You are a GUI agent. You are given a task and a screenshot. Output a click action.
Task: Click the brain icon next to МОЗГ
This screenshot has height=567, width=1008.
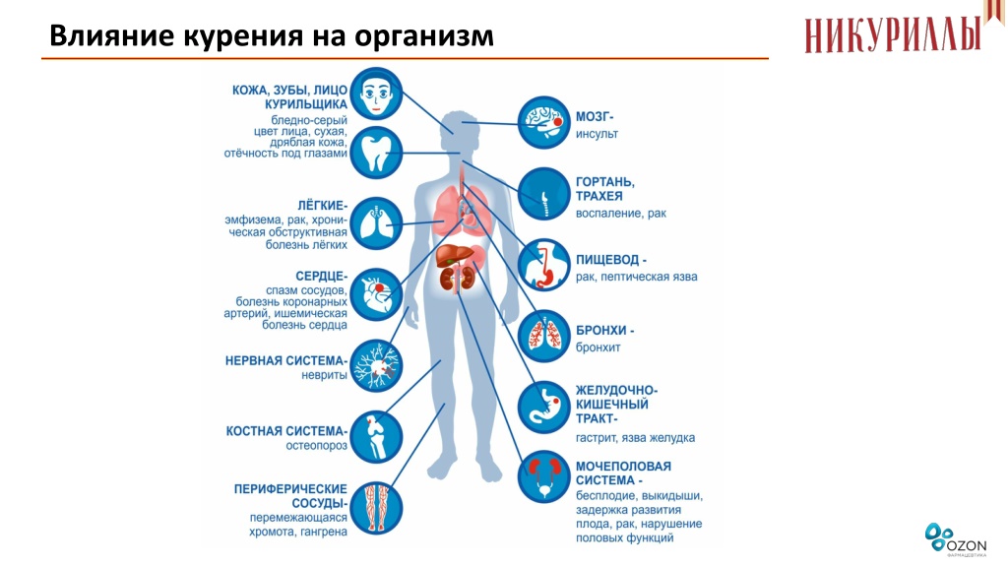coord(543,122)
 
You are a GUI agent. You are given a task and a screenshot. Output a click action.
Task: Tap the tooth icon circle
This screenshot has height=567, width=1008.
coord(376,153)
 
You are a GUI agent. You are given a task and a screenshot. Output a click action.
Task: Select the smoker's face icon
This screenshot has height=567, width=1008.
coord(376,94)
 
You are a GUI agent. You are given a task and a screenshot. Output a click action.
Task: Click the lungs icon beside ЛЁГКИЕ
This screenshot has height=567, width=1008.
coord(376,223)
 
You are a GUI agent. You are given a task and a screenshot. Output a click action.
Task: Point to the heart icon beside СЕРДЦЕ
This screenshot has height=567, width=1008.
coord(376,295)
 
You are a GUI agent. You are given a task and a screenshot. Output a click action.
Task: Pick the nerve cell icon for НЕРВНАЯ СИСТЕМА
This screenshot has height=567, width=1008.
coord(376,366)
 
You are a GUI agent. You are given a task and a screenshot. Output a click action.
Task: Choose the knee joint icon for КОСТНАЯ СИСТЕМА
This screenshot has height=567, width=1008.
coord(376,437)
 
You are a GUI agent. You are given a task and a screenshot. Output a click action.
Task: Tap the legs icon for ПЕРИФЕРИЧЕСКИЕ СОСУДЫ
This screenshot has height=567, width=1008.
coord(376,508)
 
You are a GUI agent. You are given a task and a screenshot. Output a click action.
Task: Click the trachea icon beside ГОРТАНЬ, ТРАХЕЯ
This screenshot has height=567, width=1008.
coord(543,194)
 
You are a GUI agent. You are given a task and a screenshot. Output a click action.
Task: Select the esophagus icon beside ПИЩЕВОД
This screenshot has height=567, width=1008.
coord(543,265)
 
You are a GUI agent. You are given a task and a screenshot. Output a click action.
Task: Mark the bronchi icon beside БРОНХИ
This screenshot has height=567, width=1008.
coord(543,337)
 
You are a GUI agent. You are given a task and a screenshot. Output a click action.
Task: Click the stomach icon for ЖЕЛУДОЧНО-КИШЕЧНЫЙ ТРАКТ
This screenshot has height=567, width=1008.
coord(543,408)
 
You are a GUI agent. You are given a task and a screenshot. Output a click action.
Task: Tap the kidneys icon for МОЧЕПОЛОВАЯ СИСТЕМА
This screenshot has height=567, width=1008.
coord(543,477)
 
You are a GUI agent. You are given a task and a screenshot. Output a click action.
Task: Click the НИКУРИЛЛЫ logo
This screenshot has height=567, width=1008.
coord(894,34)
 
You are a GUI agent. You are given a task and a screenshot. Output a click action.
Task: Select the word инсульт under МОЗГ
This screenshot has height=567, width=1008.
coord(597,134)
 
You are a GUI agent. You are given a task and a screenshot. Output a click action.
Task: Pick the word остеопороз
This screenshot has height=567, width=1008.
coord(316,446)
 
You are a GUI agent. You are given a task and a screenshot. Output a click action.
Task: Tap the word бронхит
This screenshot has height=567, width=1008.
coord(598,347)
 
